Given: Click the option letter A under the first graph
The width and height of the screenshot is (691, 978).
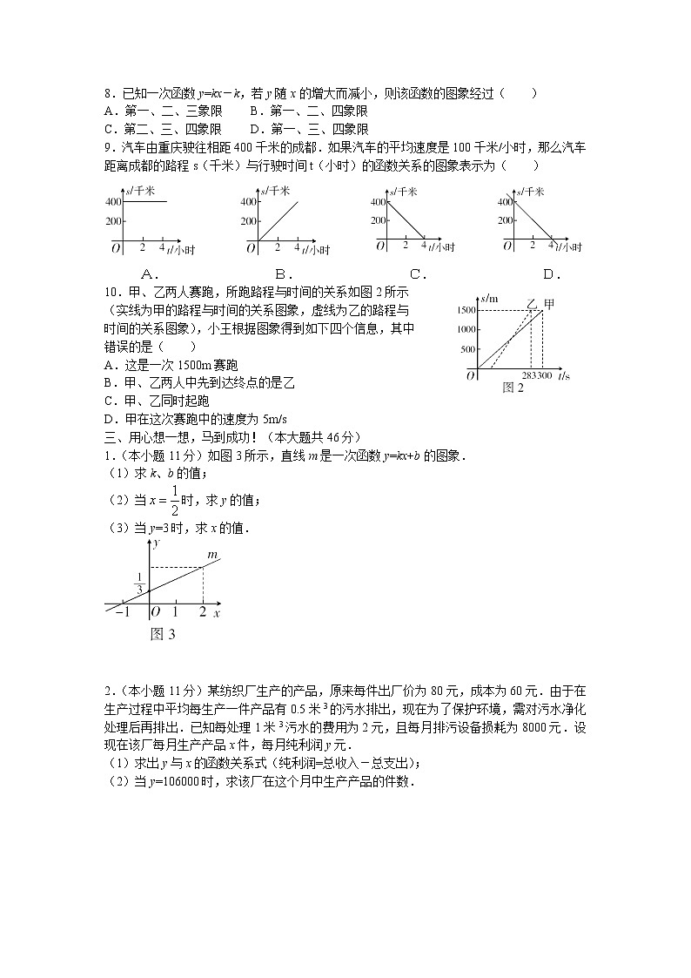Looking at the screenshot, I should pos(147,274).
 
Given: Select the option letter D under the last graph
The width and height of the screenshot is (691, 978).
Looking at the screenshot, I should pos(550,274).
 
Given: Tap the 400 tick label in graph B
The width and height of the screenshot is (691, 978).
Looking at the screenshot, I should pos(246,202).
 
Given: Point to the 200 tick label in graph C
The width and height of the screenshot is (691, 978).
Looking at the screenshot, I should pos(378,220).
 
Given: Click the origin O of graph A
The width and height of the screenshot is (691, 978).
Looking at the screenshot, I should pos(115,248).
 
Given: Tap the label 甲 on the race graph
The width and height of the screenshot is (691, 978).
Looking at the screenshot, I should pos(548,304).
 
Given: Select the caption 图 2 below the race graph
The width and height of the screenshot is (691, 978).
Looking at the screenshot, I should pos(513,388).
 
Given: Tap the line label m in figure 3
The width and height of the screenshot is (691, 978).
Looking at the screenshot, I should pos(211,554).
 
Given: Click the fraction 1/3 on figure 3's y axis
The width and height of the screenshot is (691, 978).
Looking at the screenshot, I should pos(138,583).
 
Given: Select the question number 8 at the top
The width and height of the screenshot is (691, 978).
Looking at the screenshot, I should pos(107,94).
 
